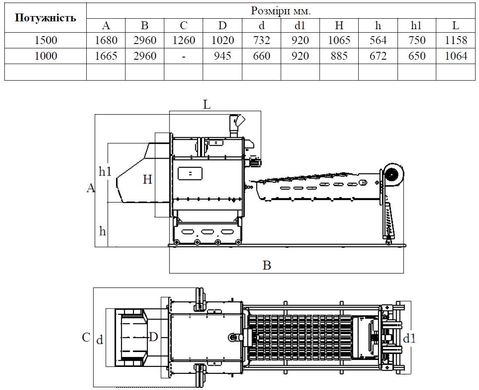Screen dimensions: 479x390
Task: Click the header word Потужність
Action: [x=45, y=18]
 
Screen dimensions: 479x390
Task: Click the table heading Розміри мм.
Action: [x=281, y=11]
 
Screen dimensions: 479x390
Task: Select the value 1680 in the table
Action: [x=106, y=41]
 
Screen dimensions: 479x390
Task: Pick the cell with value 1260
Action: [x=183, y=41]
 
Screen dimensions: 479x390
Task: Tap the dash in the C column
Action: [x=183, y=57]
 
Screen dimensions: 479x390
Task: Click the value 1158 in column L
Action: [x=456, y=41]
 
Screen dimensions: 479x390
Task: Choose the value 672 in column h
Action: [x=378, y=56]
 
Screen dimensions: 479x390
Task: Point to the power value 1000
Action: [x=46, y=56]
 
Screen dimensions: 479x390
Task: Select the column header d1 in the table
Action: [x=300, y=25]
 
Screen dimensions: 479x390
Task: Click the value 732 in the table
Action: [x=262, y=41]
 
